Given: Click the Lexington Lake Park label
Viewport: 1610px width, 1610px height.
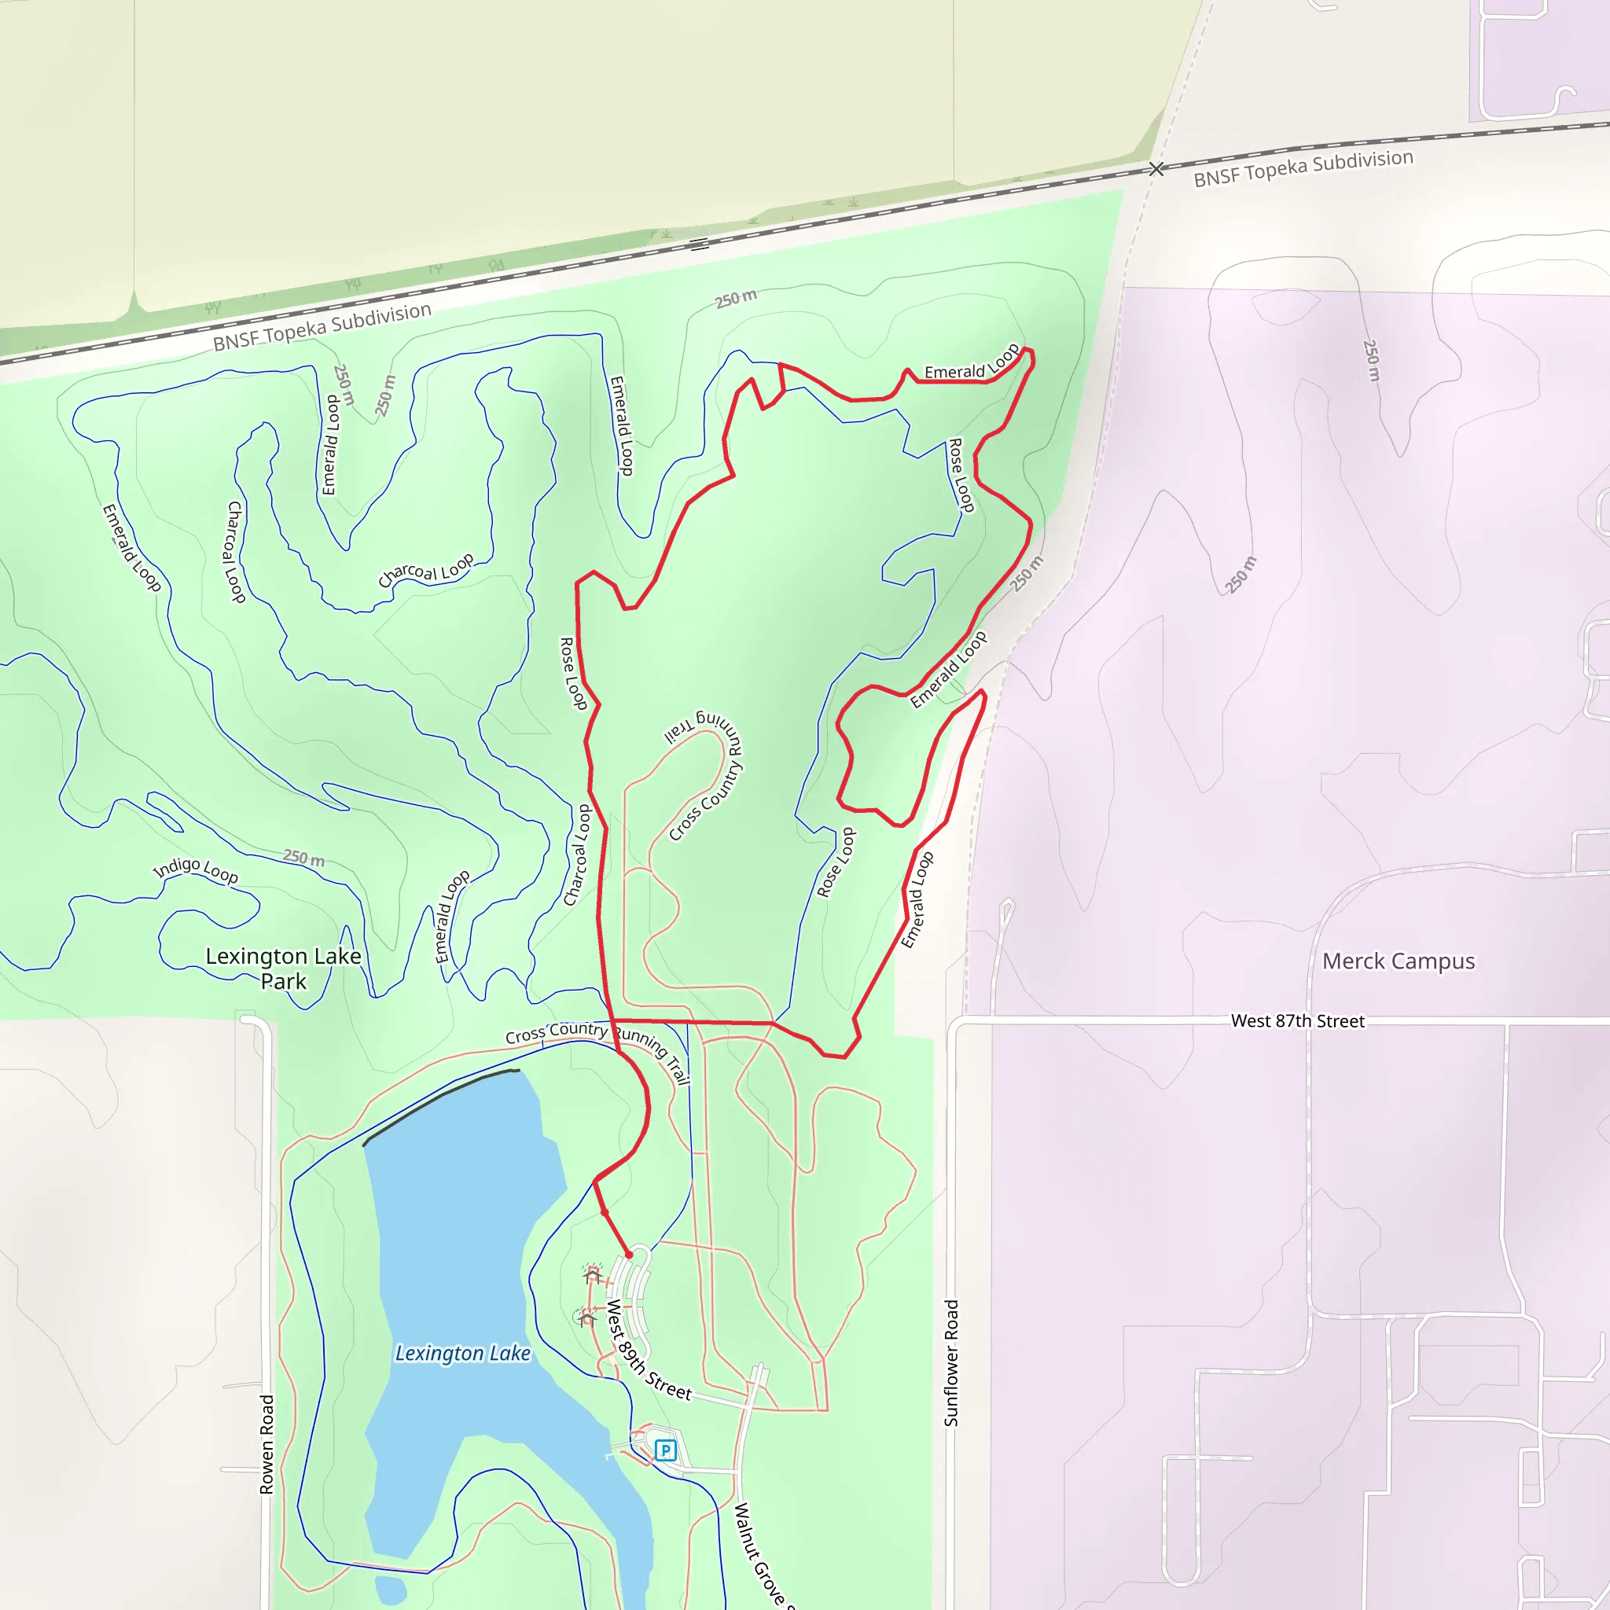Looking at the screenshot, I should click(283, 969).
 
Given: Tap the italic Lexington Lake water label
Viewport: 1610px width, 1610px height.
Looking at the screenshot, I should click(462, 1354).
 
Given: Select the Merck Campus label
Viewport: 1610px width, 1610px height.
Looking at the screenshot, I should click(1399, 961).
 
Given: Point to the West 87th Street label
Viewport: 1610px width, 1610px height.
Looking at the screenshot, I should click(1297, 1021).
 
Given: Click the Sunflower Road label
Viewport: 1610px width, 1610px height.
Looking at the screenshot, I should click(951, 1363).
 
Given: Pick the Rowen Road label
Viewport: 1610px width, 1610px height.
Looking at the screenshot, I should click(266, 1444).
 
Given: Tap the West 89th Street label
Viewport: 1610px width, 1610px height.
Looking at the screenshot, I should click(648, 1350).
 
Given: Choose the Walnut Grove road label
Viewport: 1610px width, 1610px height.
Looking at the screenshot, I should click(760, 1555).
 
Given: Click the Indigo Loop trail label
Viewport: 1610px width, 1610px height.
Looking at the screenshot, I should click(196, 870).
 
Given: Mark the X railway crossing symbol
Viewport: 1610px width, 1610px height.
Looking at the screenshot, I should click(1156, 169).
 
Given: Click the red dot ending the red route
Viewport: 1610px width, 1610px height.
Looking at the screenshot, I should click(629, 1254).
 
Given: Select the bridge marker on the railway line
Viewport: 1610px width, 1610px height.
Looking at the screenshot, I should click(699, 244).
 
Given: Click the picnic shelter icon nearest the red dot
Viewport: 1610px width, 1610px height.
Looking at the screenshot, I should click(593, 1276).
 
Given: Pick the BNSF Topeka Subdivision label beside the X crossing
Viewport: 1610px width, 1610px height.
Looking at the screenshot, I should click(1303, 167).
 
